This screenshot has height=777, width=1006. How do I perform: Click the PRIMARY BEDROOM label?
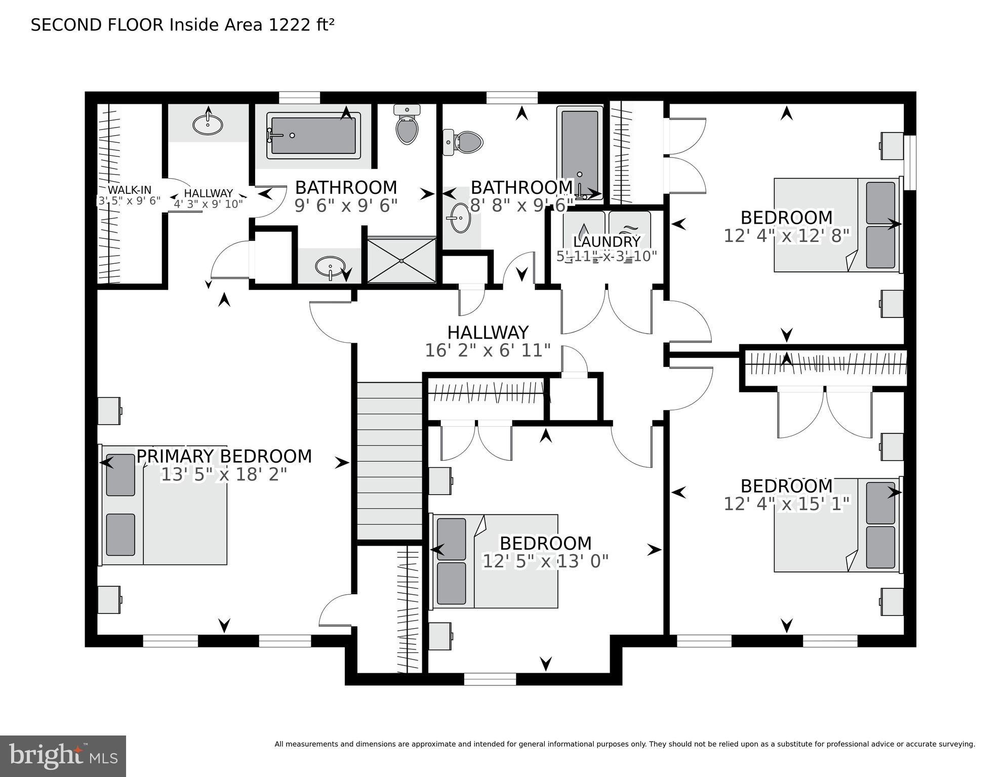pos(224,456)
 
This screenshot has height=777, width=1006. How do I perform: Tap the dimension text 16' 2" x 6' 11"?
pos(488,350)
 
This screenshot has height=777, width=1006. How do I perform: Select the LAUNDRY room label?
pos(607,241)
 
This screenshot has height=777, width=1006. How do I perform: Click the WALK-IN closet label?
pos(129,190)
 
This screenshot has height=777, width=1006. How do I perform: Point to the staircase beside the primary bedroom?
pos(390,461)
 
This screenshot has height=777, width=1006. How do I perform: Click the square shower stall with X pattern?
pos(401,260)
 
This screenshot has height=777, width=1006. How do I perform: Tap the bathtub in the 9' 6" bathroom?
pos(313,135)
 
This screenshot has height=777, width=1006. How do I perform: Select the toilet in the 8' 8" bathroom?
pos(463,142)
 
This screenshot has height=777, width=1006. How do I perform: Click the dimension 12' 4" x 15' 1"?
pos(786,504)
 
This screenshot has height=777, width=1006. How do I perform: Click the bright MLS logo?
pos(63,756)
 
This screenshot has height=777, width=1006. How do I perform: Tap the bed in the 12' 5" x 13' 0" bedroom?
pos(495,561)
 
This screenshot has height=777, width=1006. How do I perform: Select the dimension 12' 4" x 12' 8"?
pos(786,235)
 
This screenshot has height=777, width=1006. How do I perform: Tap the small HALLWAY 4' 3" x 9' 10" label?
pos(208,198)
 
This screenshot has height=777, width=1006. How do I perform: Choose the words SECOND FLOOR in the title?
pos(97,25)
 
